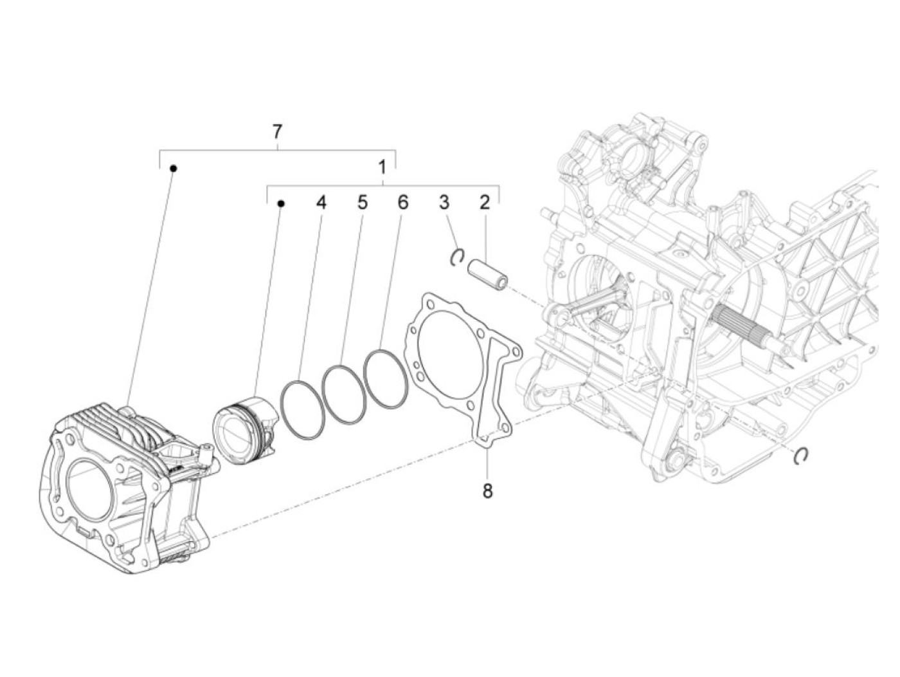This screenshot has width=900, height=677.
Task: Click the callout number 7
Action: click(x=277, y=132)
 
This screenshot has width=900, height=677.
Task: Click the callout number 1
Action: click(x=382, y=169)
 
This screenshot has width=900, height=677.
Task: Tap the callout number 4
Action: click(x=321, y=203)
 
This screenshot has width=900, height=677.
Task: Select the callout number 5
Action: click(x=363, y=203)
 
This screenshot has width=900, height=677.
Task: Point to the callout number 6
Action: click(x=403, y=203)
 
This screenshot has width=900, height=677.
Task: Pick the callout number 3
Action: click(x=444, y=203)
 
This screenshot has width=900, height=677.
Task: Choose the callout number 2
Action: click(x=485, y=203)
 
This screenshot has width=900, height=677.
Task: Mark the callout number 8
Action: click(x=487, y=491)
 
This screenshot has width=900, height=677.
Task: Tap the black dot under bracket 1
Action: click(x=280, y=203)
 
